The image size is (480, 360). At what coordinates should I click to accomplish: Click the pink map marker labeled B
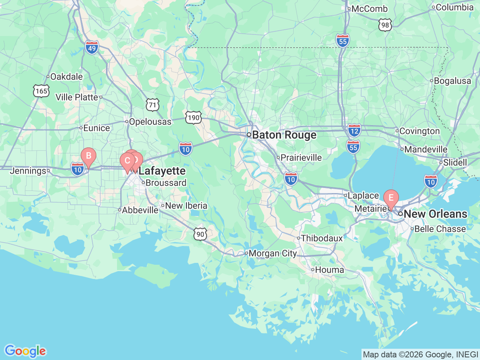tap(88, 156)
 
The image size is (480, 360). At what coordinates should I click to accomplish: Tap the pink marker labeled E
tap(391, 198)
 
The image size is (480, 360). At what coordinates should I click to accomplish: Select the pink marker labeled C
tap(127, 161)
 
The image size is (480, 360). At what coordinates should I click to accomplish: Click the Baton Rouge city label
tap(284, 135)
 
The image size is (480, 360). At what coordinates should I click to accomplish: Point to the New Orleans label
tap(435, 214)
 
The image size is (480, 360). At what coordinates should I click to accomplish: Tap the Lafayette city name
tap(162, 171)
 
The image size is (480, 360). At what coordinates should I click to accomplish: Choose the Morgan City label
tap(273, 253)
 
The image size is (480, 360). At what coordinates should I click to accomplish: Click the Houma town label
tap(329, 270)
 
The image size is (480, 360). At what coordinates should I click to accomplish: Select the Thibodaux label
tap(322, 238)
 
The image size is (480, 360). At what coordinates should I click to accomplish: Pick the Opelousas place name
tap(150, 122)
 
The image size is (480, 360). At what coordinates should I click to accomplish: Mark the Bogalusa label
tap(452, 81)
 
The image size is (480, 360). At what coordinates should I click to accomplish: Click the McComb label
tap(369, 9)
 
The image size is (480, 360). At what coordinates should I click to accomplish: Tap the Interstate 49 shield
tap(92, 48)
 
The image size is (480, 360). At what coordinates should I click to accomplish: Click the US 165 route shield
tap(41, 91)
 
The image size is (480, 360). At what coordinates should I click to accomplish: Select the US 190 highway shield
tap(193, 118)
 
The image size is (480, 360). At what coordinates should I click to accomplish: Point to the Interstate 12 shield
tap(354, 130)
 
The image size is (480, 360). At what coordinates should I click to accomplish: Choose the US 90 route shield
tap(201, 234)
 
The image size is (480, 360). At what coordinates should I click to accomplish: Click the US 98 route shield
tap(385, 25)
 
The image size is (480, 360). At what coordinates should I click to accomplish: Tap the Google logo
tap(25, 351)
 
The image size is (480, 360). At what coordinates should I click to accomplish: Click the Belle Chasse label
tap(440, 229)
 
